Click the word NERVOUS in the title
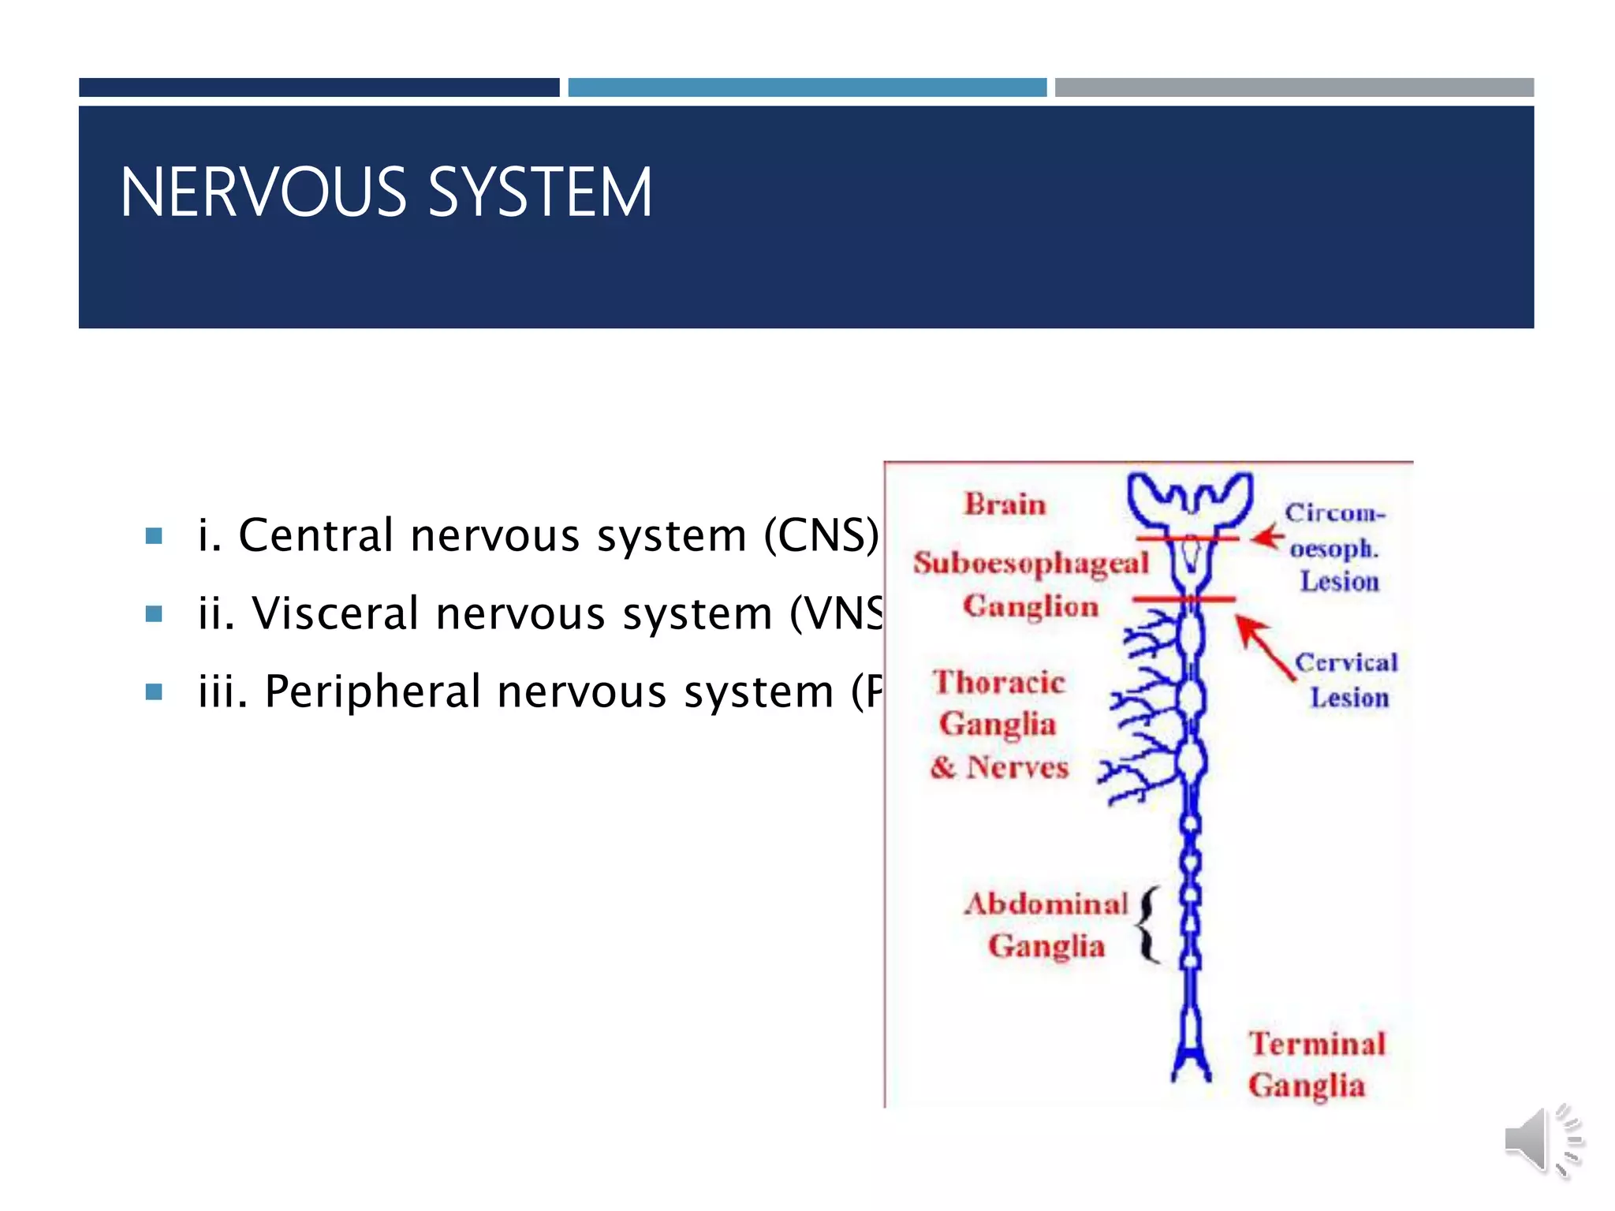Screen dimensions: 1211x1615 263,192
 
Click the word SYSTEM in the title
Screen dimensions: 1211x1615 540,192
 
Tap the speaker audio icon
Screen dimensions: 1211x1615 1541,1140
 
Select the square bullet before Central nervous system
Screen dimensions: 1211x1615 155,537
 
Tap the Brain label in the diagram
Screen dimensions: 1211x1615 1005,505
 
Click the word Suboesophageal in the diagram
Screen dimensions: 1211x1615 1031,563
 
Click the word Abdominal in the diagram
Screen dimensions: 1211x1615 1046,904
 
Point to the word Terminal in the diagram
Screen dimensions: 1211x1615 1317,1044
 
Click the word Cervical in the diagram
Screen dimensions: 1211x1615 1346,662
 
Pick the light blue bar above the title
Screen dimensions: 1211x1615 807,88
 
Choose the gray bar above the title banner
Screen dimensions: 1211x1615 1293,88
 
